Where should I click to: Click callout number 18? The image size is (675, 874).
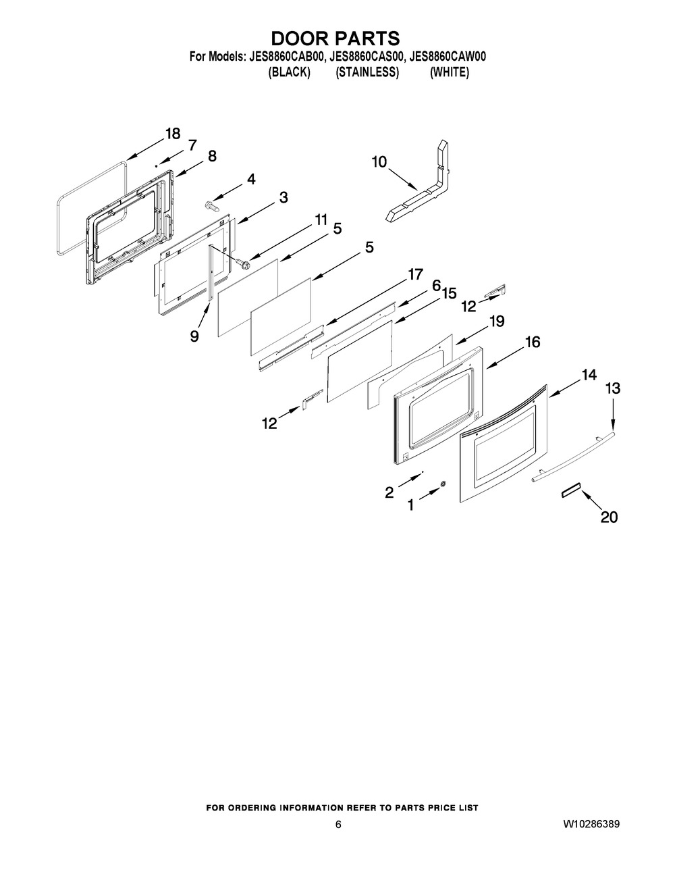(x=173, y=133)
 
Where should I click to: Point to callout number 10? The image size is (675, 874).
(x=379, y=161)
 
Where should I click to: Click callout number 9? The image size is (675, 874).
(x=194, y=336)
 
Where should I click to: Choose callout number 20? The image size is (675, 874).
(x=609, y=517)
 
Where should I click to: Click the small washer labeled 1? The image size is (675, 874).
(x=443, y=484)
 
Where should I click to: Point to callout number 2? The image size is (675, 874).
(x=389, y=492)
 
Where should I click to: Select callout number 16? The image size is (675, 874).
(x=533, y=342)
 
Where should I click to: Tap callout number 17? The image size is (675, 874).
(x=414, y=275)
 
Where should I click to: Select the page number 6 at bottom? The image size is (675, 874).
(x=338, y=825)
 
